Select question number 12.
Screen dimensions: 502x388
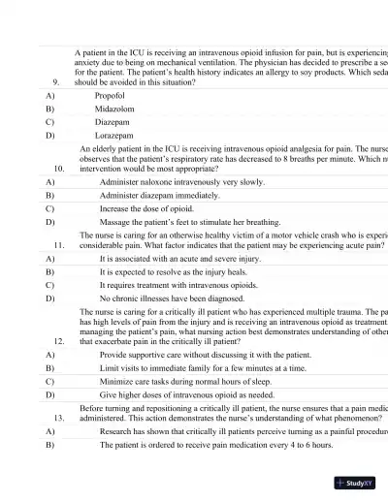tap(59, 341)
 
